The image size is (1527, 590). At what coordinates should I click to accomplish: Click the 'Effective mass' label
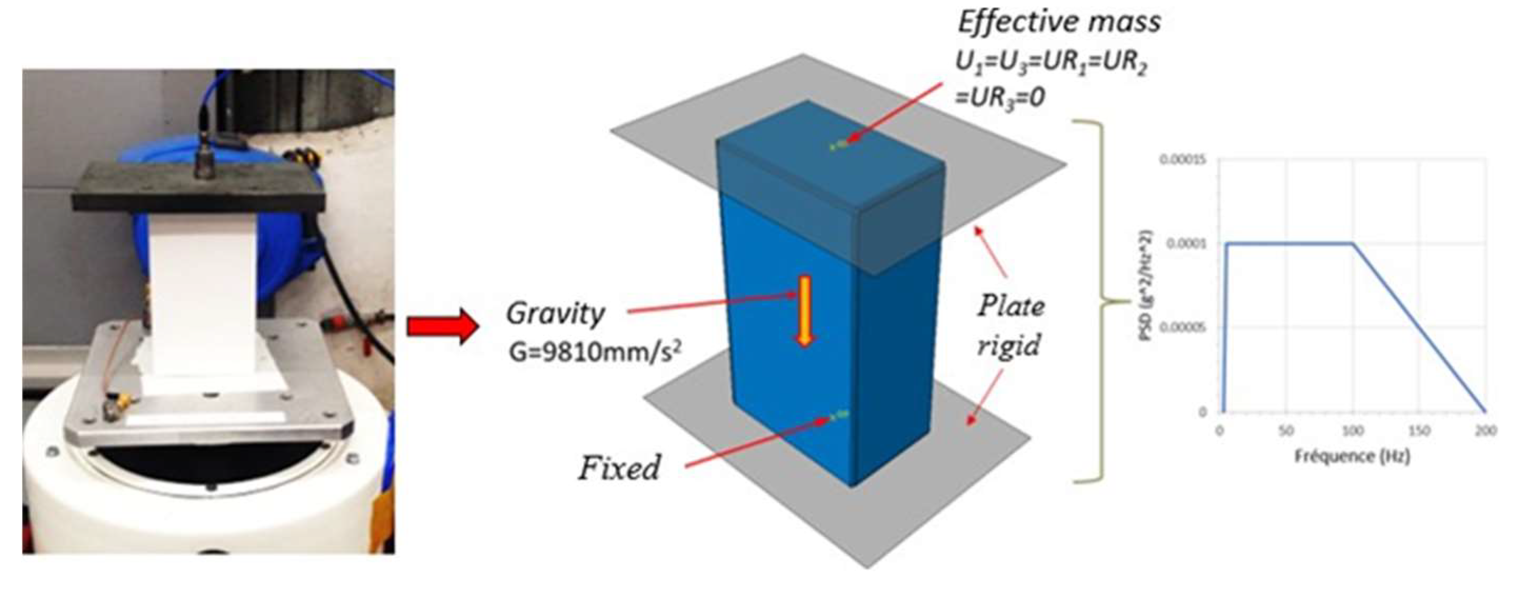1059,23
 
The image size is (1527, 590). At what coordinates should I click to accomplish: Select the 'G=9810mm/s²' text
595,353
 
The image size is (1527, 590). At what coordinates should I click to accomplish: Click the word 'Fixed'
619,468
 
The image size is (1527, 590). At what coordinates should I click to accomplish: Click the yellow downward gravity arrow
805,310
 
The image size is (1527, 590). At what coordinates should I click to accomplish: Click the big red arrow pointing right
442,327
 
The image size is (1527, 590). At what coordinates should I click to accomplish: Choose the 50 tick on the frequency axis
1285,431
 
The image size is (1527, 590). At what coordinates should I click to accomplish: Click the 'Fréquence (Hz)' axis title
1352,456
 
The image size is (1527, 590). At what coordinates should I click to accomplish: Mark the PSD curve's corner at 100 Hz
1352,243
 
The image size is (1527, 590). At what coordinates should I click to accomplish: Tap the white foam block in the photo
202,296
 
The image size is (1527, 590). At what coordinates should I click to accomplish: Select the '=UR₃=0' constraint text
999,97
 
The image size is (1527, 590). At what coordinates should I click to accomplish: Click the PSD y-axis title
1147,285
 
